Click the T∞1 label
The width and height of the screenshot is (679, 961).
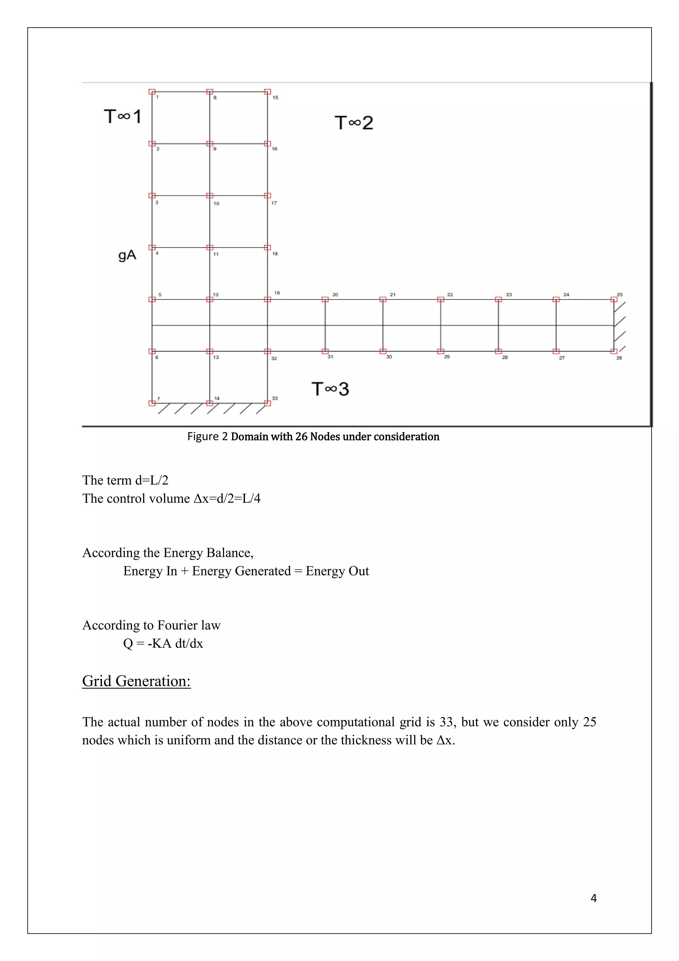coord(122,116)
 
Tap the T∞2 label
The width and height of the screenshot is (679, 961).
coord(354,123)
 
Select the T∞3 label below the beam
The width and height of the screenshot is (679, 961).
coord(330,389)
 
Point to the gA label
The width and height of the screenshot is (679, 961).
coord(127,255)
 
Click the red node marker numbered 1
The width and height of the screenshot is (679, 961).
coord(152,92)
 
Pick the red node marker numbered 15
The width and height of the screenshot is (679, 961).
coord(268,92)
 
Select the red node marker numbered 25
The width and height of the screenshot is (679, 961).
coord(614,299)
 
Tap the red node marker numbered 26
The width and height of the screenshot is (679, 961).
coord(614,351)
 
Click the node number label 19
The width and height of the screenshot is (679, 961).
coord(277,293)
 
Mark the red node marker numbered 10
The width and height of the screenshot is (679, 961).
coord(210,195)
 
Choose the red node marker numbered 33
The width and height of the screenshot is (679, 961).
coord(268,403)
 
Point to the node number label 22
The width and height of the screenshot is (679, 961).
coord(450,295)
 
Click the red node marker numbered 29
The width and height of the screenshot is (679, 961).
coord(441,351)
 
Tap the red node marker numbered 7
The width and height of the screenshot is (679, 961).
coord(152,403)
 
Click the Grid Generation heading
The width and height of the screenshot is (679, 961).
coord(136,681)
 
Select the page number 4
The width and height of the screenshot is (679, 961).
coord(593,898)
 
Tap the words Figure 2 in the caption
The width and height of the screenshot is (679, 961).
coord(207,437)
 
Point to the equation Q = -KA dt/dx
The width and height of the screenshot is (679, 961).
coord(163,643)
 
